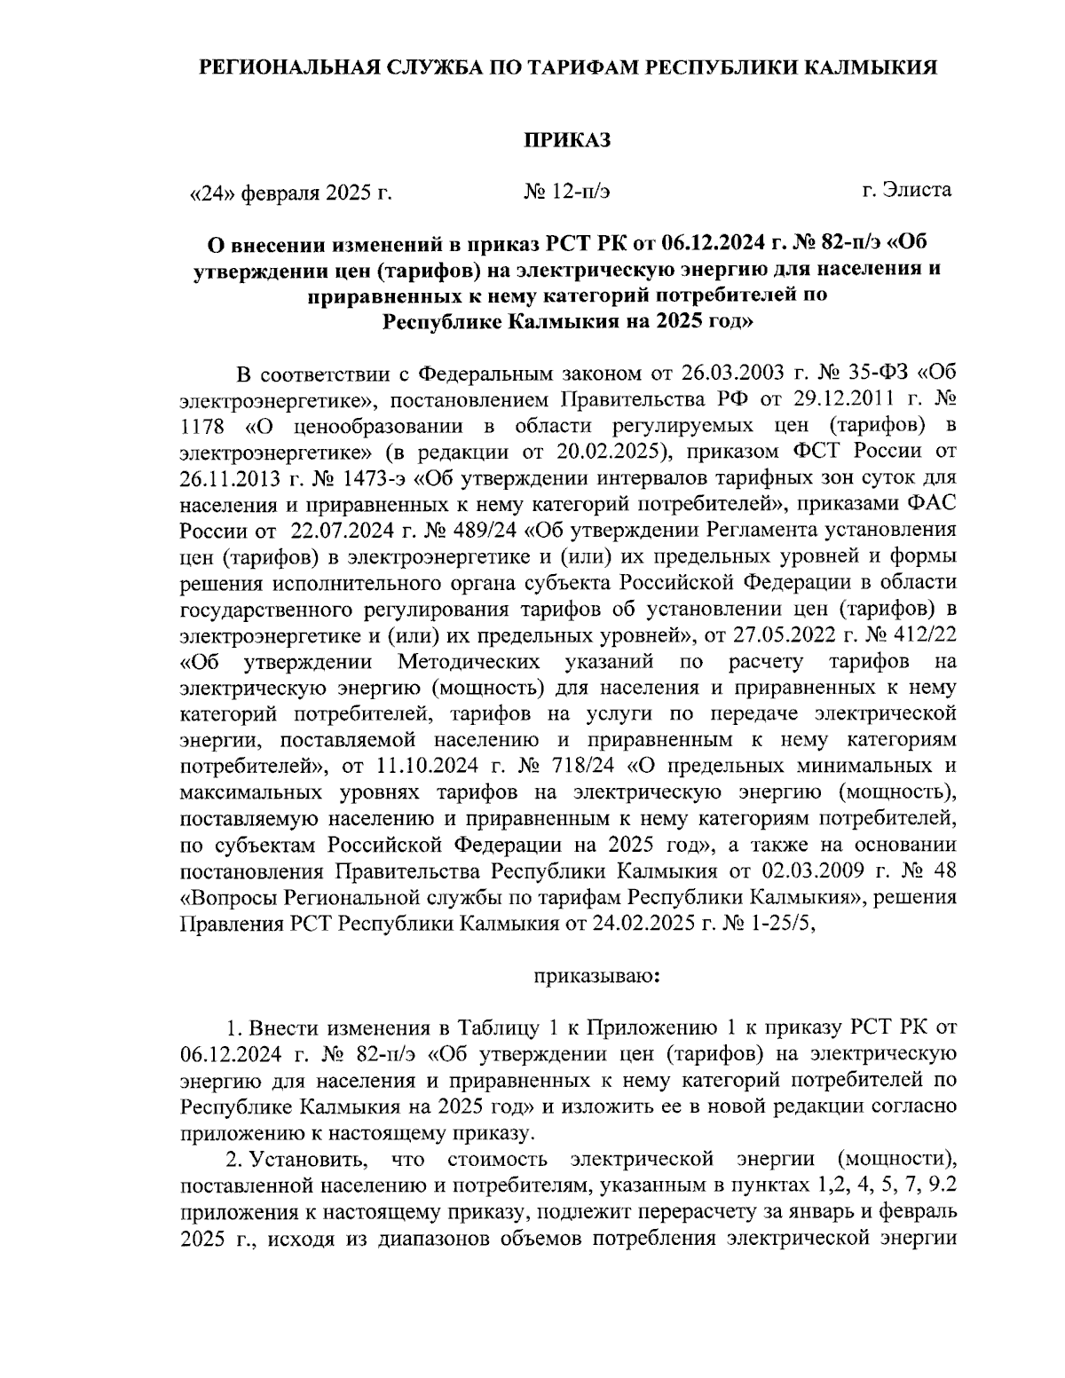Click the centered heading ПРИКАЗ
567,139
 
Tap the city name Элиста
919,189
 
